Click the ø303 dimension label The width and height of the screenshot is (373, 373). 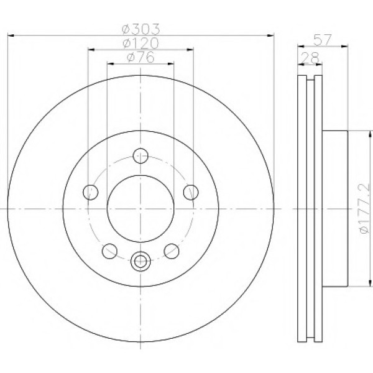[141, 29]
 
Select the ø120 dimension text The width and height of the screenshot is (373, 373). [140, 44]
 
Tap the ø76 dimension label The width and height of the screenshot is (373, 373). [140, 57]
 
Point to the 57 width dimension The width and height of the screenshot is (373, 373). [322, 40]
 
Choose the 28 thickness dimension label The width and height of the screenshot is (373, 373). [310, 57]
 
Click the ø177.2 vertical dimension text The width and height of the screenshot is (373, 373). [365, 208]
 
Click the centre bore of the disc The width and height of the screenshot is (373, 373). [140, 209]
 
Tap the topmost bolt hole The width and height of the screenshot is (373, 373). [140, 156]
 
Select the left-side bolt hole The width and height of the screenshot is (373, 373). [91, 192]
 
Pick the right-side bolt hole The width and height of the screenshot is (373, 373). [191, 192]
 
